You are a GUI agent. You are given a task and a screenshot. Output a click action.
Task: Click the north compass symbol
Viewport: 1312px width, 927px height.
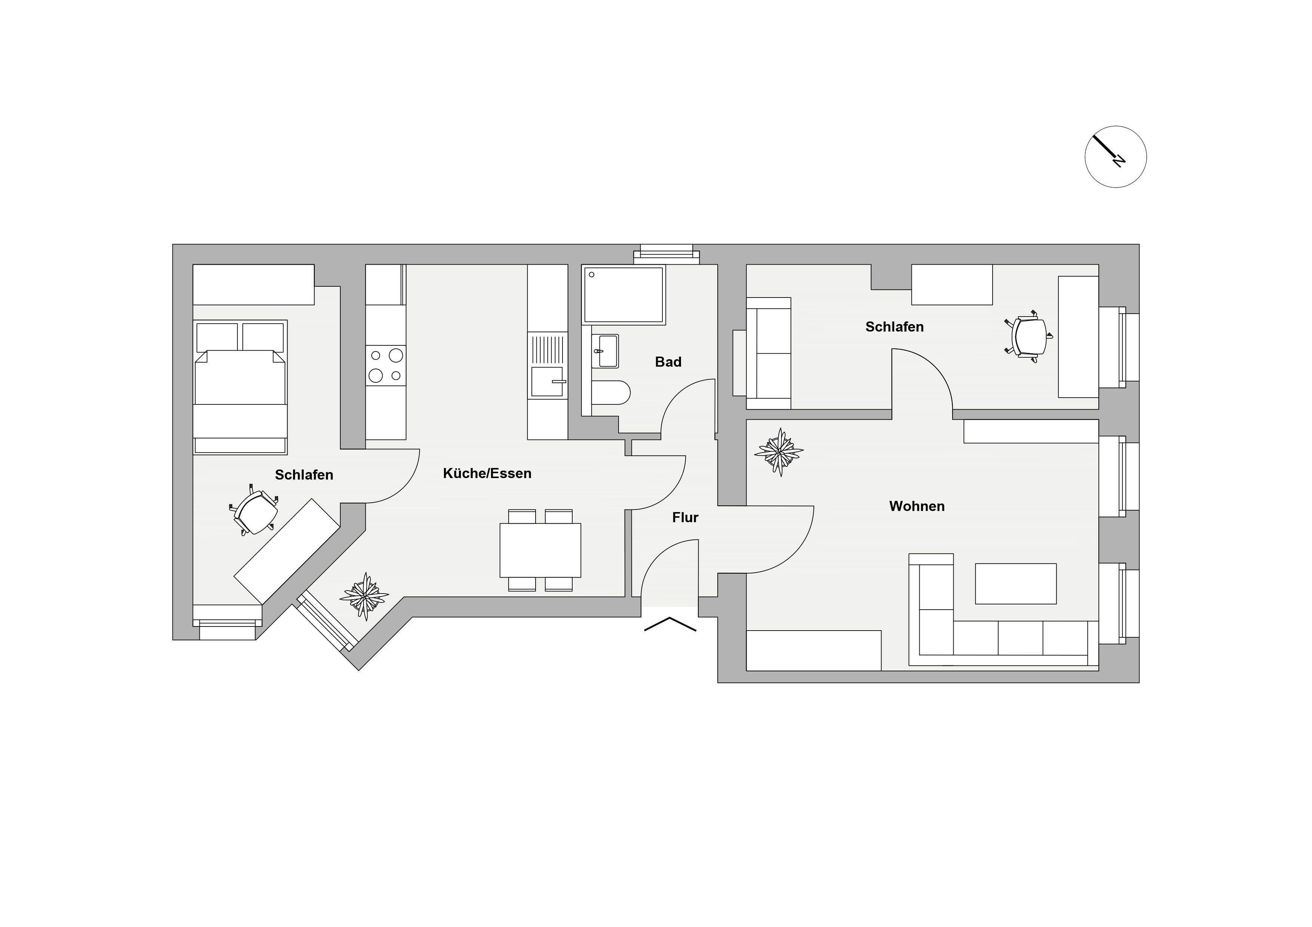(x=1115, y=157)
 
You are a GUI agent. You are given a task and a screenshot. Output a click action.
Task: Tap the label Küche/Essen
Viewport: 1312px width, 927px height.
(x=487, y=474)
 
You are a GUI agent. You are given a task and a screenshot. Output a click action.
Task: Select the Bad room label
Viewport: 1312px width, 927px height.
(x=668, y=362)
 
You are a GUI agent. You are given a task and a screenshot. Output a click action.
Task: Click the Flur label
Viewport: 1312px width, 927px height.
(x=685, y=517)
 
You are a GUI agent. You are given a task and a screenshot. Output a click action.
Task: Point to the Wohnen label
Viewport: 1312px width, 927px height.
(x=917, y=506)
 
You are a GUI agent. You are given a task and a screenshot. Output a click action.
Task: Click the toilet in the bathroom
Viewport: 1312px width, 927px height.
(x=611, y=392)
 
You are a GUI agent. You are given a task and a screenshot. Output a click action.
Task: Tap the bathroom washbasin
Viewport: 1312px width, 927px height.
(x=604, y=351)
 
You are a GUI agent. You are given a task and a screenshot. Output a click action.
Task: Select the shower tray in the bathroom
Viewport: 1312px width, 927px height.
(x=623, y=295)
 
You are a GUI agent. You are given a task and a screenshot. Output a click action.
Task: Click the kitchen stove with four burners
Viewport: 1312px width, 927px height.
(x=386, y=366)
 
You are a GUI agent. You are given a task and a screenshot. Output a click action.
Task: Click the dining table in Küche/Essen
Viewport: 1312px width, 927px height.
(x=540, y=550)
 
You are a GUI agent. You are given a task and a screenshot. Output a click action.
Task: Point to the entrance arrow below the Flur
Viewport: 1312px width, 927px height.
(x=670, y=624)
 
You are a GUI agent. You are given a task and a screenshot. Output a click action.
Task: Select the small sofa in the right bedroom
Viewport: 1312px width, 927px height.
(x=768, y=353)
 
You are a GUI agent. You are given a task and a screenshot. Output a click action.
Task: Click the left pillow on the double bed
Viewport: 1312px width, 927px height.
(x=217, y=337)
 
